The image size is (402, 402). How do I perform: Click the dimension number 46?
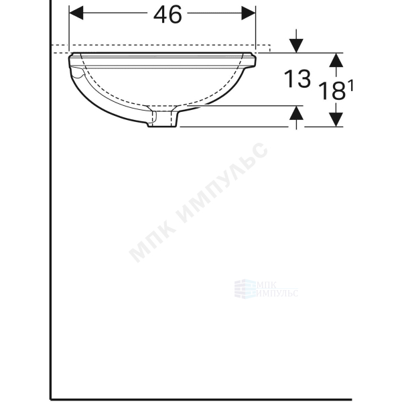pyautogui.click(x=167, y=15)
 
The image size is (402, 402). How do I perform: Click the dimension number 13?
pyautogui.click(x=297, y=78)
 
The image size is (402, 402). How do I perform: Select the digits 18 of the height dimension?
pyautogui.click(x=332, y=91)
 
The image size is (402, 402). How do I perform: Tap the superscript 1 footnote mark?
pyautogui.click(x=351, y=86)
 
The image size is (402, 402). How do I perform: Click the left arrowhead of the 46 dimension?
pyautogui.click(x=76, y=13)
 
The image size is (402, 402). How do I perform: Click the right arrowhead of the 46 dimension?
pyautogui.click(x=249, y=13)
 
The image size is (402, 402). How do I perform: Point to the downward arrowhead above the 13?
pyautogui.click(x=296, y=46)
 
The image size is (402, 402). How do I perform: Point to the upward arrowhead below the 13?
pyautogui.click(x=296, y=113)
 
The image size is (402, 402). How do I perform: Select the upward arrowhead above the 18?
pyautogui.click(x=336, y=60)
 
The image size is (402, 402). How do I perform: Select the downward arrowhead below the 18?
pyautogui.click(x=336, y=119)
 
